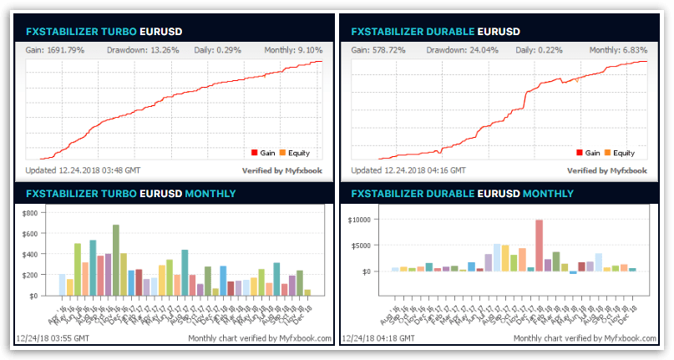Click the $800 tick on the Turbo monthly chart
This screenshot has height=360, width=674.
pos(29,214)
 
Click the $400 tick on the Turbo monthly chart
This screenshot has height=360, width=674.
pos(29,255)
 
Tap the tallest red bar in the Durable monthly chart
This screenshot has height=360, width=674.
pos(540,245)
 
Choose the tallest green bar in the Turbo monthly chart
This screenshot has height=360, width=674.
pos(116,260)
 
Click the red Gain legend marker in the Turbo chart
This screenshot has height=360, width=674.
pos(254,153)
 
